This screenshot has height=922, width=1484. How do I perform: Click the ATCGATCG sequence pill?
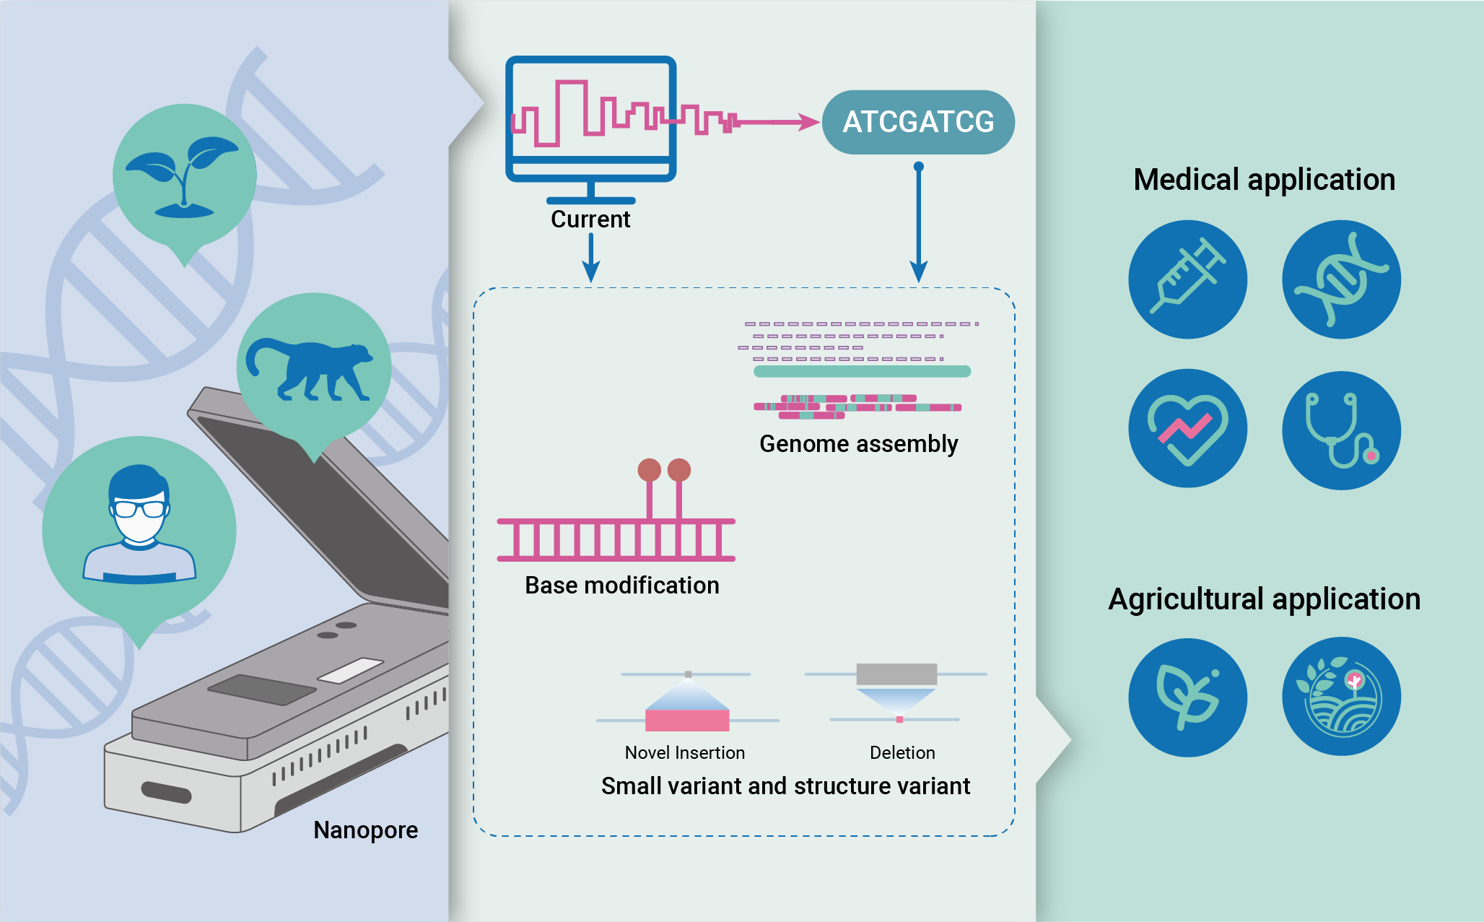click(x=918, y=122)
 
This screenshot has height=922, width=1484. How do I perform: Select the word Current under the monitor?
click(x=590, y=219)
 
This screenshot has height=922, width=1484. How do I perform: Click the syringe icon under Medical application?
click(x=1187, y=279)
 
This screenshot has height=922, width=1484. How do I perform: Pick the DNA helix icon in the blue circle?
click(x=1341, y=279)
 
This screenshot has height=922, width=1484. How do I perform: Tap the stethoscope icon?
click(x=1341, y=430)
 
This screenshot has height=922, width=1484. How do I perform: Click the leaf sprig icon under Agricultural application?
click(x=1187, y=697)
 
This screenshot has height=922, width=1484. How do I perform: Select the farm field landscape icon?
click(x=1341, y=696)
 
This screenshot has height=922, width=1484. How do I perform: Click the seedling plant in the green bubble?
click(x=183, y=177)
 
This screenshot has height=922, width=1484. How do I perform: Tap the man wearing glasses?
click(x=139, y=523)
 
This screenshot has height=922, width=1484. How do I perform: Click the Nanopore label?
click(x=365, y=830)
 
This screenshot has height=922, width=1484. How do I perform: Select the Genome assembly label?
click(x=859, y=443)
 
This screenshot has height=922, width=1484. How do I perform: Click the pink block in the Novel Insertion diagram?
click(x=687, y=720)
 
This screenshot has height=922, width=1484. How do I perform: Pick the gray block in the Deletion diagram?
click(x=896, y=674)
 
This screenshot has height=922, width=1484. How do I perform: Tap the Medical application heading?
click(x=1264, y=180)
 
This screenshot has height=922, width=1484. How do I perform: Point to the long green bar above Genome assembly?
click(x=862, y=371)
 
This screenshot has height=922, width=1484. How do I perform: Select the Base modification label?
click(x=622, y=585)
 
